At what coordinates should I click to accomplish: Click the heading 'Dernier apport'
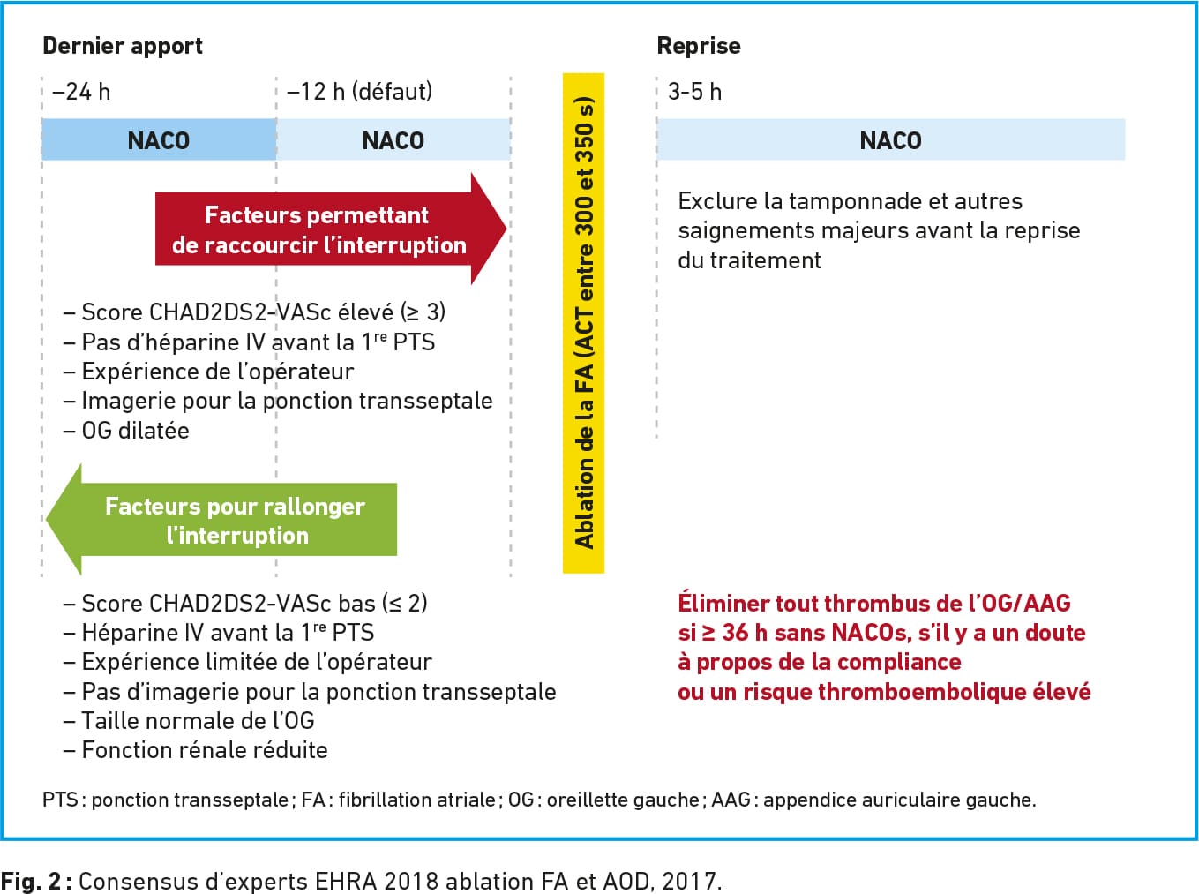coord(123,47)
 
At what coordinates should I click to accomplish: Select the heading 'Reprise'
coord(699,46)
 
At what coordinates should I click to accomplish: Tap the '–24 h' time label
coord(81,92)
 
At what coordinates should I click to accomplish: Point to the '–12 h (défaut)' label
coord(359,92)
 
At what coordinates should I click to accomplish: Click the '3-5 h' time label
coord(695,92)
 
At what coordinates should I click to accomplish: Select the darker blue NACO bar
coord(159,140)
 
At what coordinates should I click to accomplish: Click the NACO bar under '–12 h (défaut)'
coord(393,140)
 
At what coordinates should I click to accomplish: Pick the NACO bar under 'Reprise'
coord(891,140)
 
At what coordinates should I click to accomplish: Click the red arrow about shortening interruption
coord(331,229)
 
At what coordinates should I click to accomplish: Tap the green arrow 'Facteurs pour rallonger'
coord(221,519)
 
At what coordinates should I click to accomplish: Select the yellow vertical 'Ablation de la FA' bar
coord(583,323)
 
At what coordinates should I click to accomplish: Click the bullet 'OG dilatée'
coord(127,431)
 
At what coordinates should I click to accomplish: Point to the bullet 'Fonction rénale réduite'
coord(196,750)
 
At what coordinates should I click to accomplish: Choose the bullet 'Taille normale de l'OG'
coord(189,721)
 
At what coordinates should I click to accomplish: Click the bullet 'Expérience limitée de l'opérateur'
coord(248,662)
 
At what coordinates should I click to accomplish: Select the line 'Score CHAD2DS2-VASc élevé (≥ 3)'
coord(255,312)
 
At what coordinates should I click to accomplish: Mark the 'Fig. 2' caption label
coord(31,882)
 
